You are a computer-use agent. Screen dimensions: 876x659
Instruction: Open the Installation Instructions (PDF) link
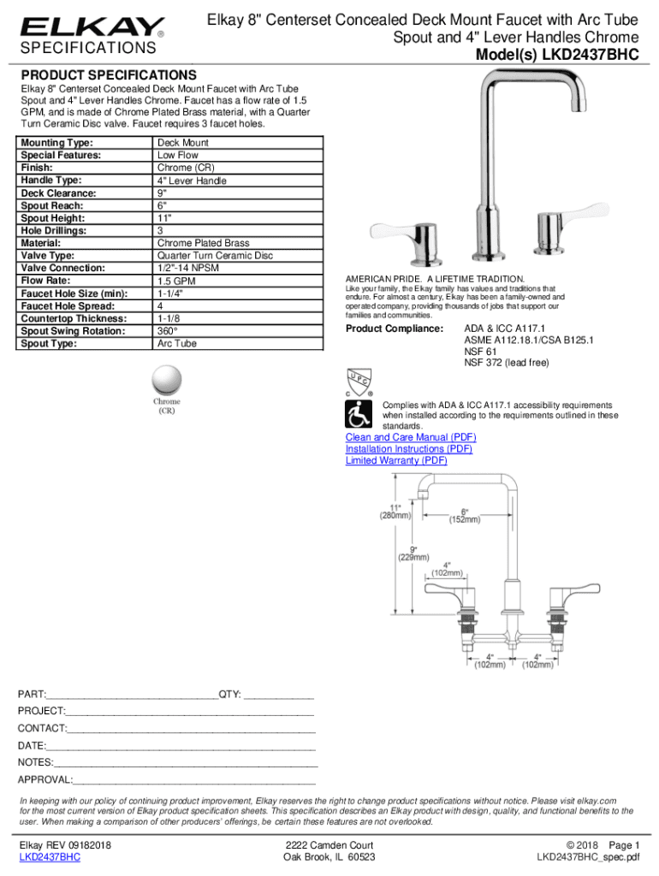tap(408, 449)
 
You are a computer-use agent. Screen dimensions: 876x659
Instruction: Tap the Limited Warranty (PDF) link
tap(396, 460)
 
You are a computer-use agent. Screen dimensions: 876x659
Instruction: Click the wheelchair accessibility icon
tap(359, 415)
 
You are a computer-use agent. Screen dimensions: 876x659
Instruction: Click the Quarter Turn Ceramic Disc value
tap(215, 256)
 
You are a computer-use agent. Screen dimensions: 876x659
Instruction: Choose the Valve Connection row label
tap(62, 269)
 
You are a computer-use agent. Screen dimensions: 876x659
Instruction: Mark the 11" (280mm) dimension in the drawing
tap(396, 511)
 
